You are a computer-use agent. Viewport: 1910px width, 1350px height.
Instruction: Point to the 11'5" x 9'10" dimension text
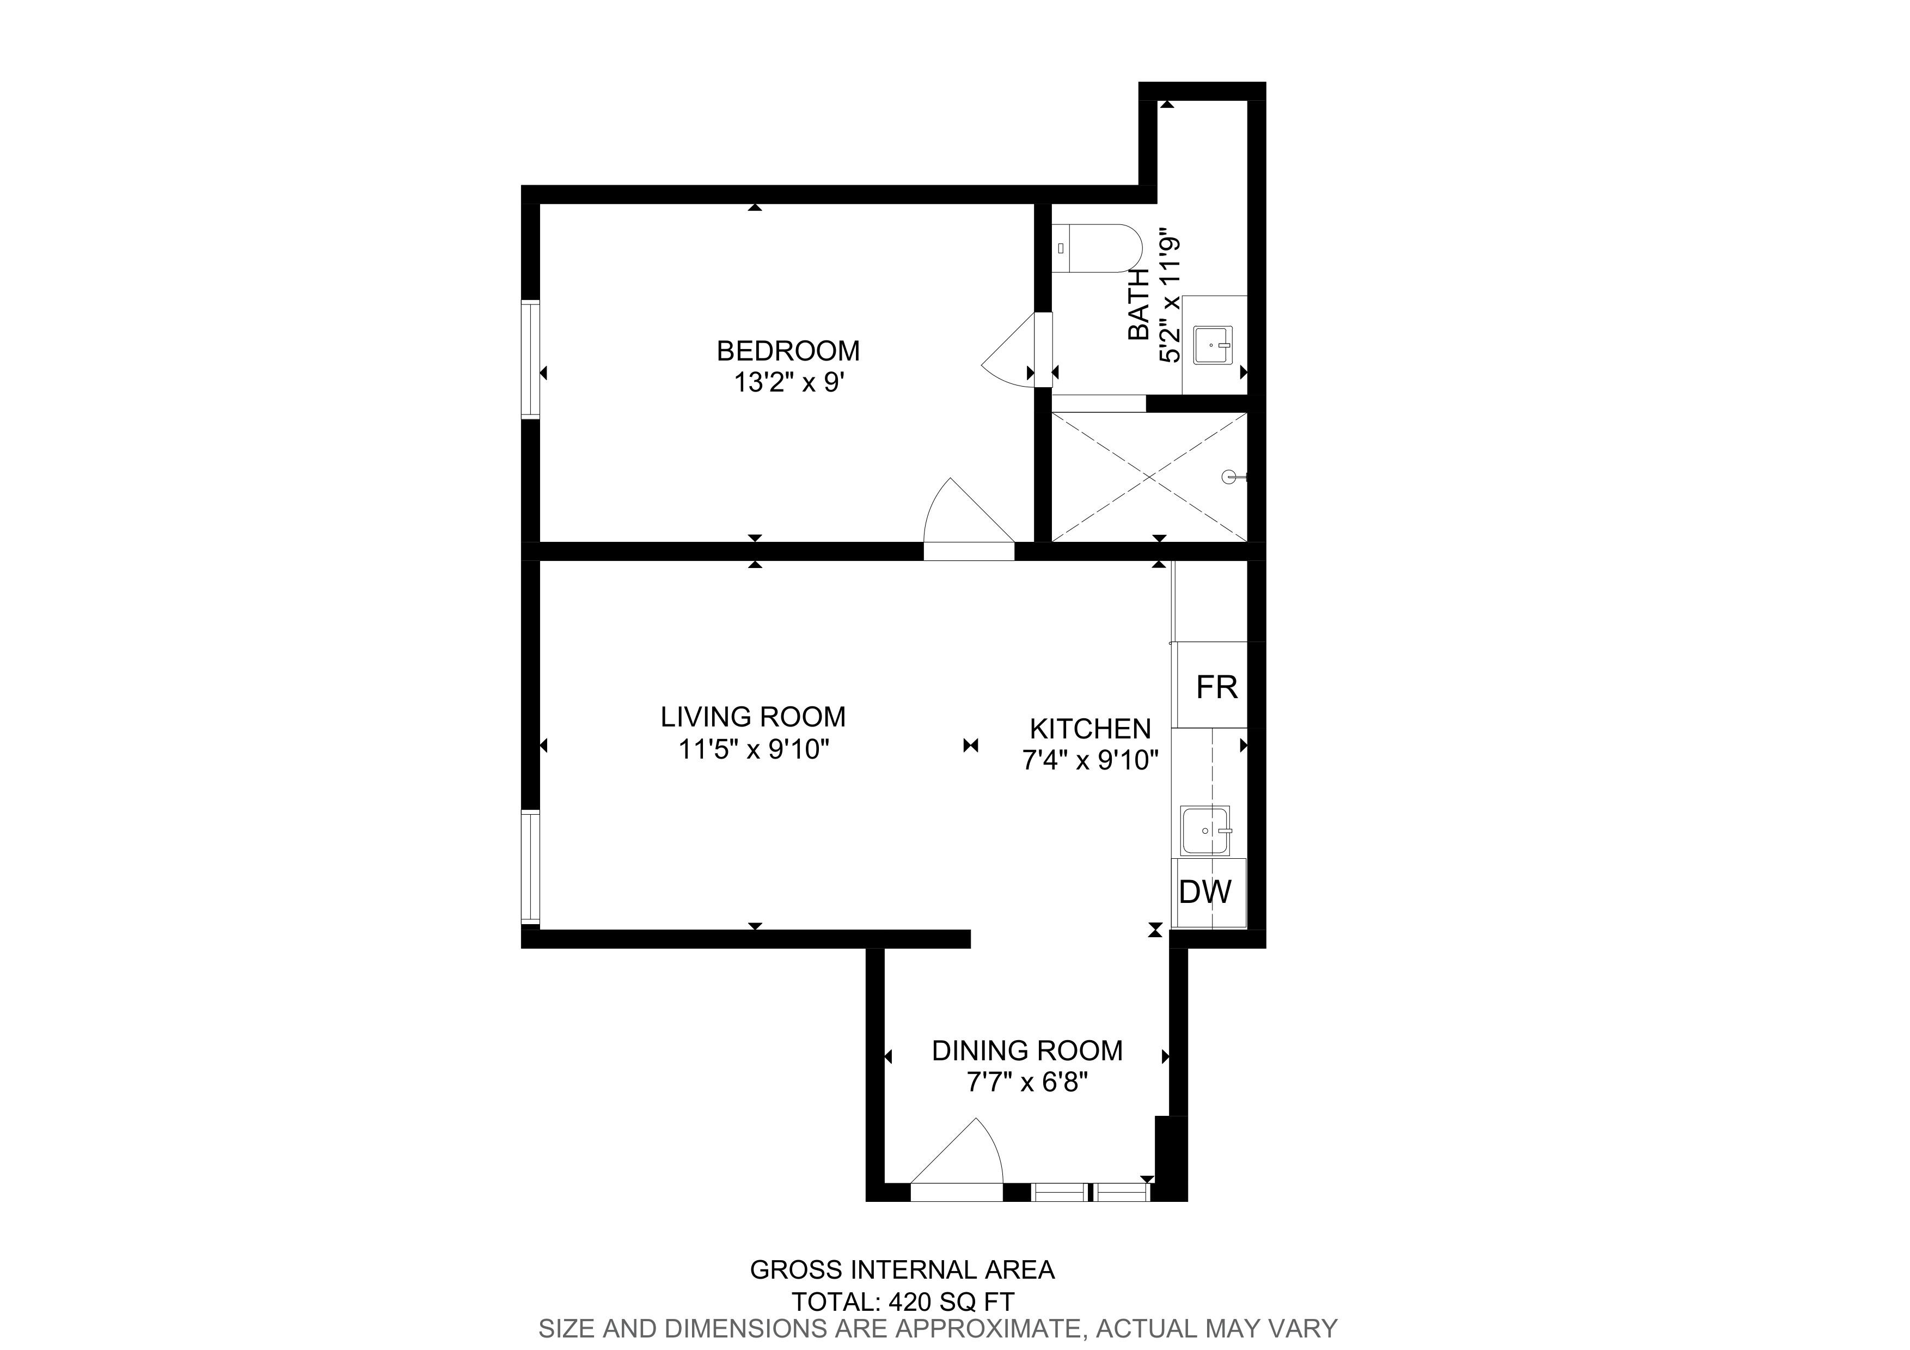click(x=754, y=749)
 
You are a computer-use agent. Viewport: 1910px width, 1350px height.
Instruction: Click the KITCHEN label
click(x=1090, y=729)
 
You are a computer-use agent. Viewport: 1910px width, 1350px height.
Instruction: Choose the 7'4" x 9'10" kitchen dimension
click(x=1090, y=760)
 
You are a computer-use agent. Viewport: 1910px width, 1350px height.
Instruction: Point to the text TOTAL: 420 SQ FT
click(x=903, y=1301)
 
